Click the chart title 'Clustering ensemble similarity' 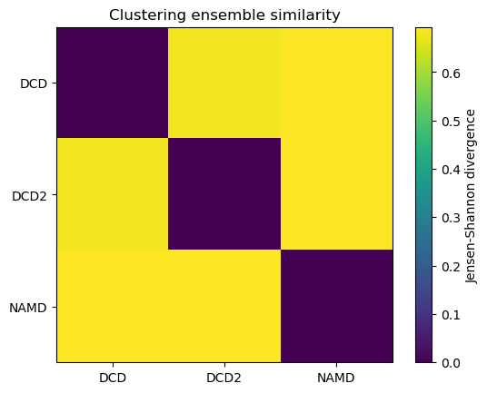224,15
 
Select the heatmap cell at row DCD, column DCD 113,83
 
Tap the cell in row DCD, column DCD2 224,83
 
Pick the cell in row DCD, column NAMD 336,83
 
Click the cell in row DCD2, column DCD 113,194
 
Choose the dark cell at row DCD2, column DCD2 224,194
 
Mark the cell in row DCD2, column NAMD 336,194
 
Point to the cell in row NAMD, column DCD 113,307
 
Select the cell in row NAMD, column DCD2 224,307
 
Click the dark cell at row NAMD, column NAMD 336,307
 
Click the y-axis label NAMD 32,307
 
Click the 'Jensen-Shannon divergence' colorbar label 471,195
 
